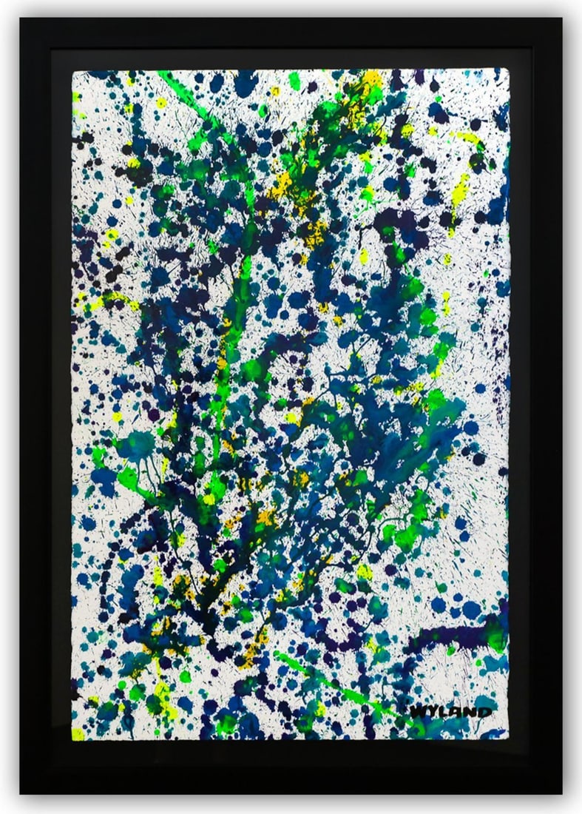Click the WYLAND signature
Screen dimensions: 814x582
click(x=450, y=711)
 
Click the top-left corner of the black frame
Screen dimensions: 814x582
click(x=21, y=18)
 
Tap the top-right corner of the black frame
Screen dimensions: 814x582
click(x=561, y=18)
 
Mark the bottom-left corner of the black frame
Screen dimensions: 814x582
click(x=21, y=793)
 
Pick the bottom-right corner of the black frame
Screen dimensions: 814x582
click(x=561, y=793)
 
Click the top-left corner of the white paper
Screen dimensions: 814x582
click(x=73, y=71)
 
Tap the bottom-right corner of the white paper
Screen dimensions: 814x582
click(x=509, y=738)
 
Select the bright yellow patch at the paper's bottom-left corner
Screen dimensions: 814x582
click(x=78, y=733)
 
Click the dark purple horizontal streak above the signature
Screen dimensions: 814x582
click(x=444, y=635)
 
